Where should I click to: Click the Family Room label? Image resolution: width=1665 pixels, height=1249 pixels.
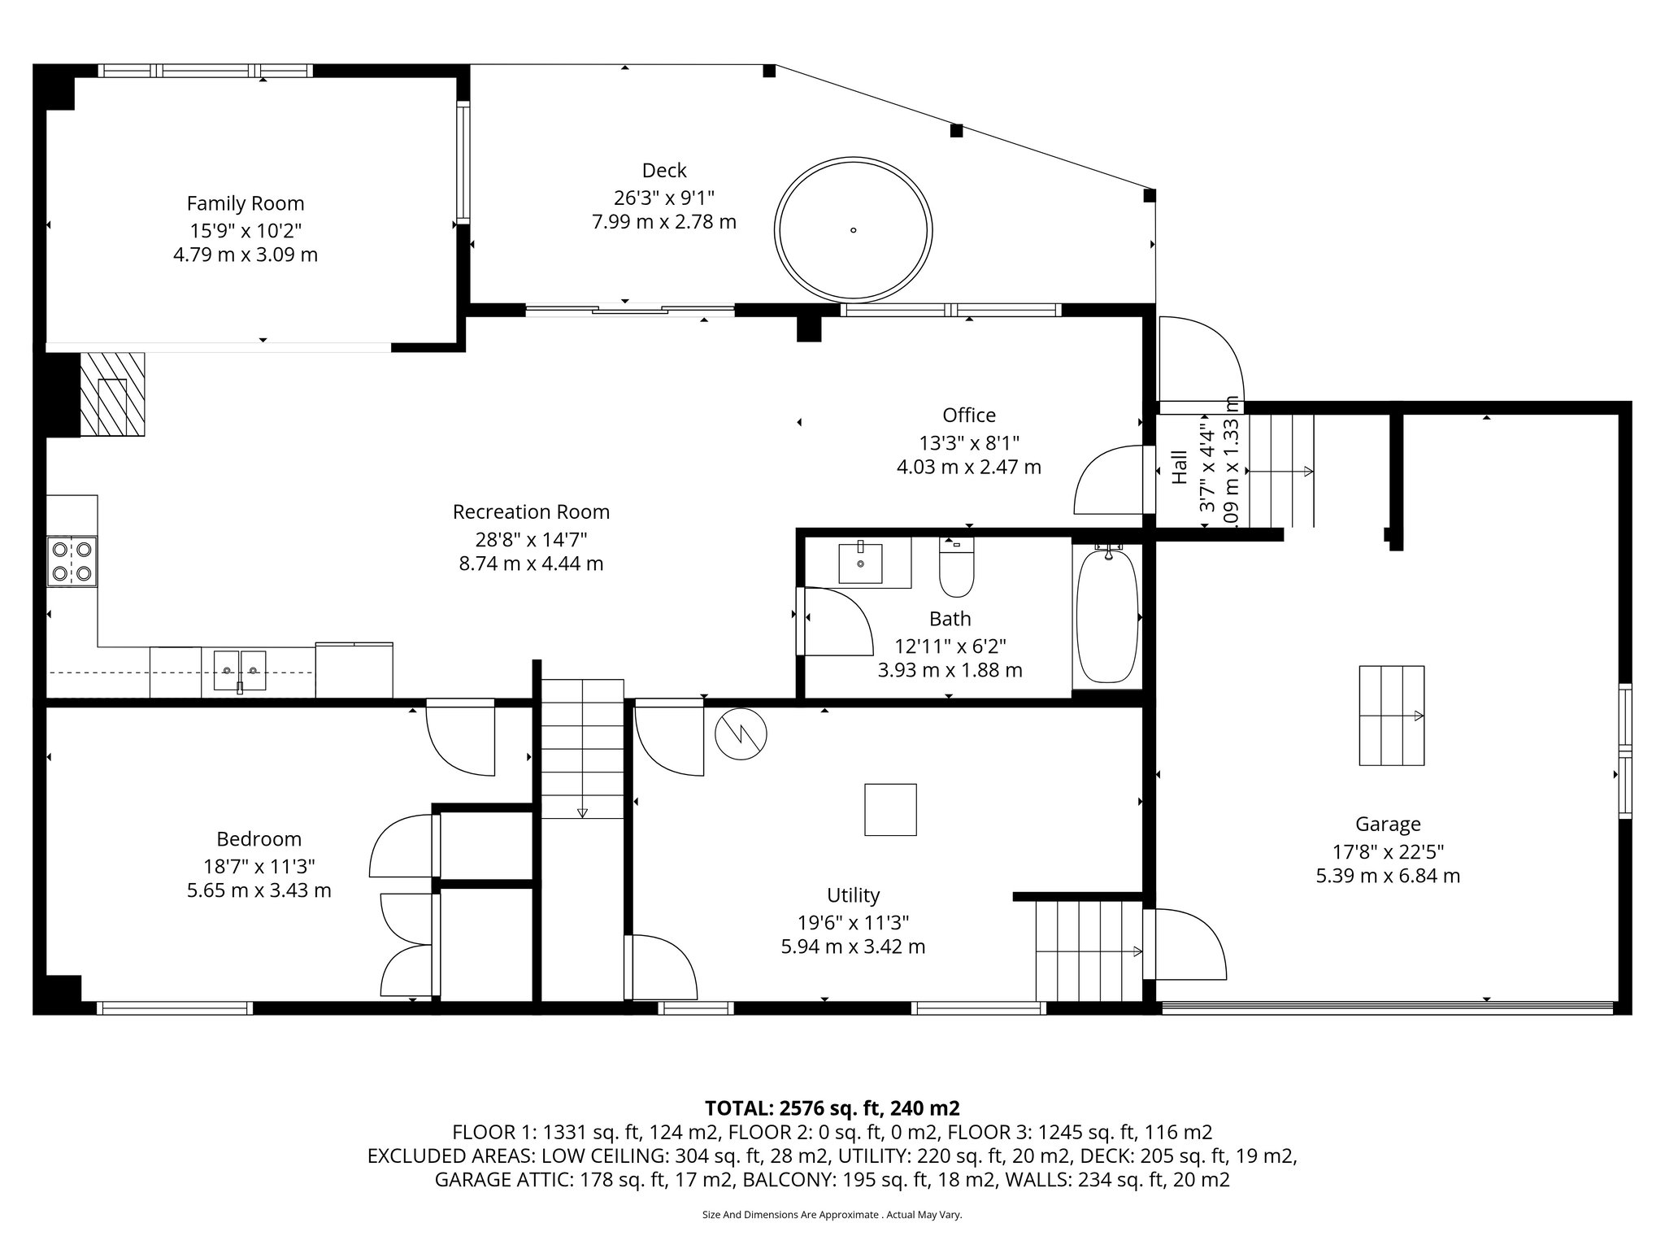246,203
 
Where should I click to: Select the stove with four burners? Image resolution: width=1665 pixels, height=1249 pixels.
72,561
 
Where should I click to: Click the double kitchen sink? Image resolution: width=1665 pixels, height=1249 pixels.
240,670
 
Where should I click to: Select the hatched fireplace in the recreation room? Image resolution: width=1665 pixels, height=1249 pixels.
113,394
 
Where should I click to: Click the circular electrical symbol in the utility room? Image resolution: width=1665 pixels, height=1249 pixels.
741,734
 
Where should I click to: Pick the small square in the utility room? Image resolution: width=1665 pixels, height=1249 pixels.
890,809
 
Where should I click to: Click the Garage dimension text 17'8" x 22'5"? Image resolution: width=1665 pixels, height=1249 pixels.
1388,851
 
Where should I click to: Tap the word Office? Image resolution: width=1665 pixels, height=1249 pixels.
968,416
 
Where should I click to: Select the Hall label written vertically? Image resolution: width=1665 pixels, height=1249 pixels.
1180,468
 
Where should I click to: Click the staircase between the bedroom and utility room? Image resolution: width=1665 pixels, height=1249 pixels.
582,748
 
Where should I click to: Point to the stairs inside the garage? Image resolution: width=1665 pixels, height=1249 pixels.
1391,715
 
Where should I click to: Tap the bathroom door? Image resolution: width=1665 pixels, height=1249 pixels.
833,620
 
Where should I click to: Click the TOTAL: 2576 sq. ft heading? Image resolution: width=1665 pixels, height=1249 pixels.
832,1108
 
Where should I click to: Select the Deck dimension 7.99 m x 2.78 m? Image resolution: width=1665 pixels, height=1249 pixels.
664,221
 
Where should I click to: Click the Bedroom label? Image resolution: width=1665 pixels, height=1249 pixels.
259,838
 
